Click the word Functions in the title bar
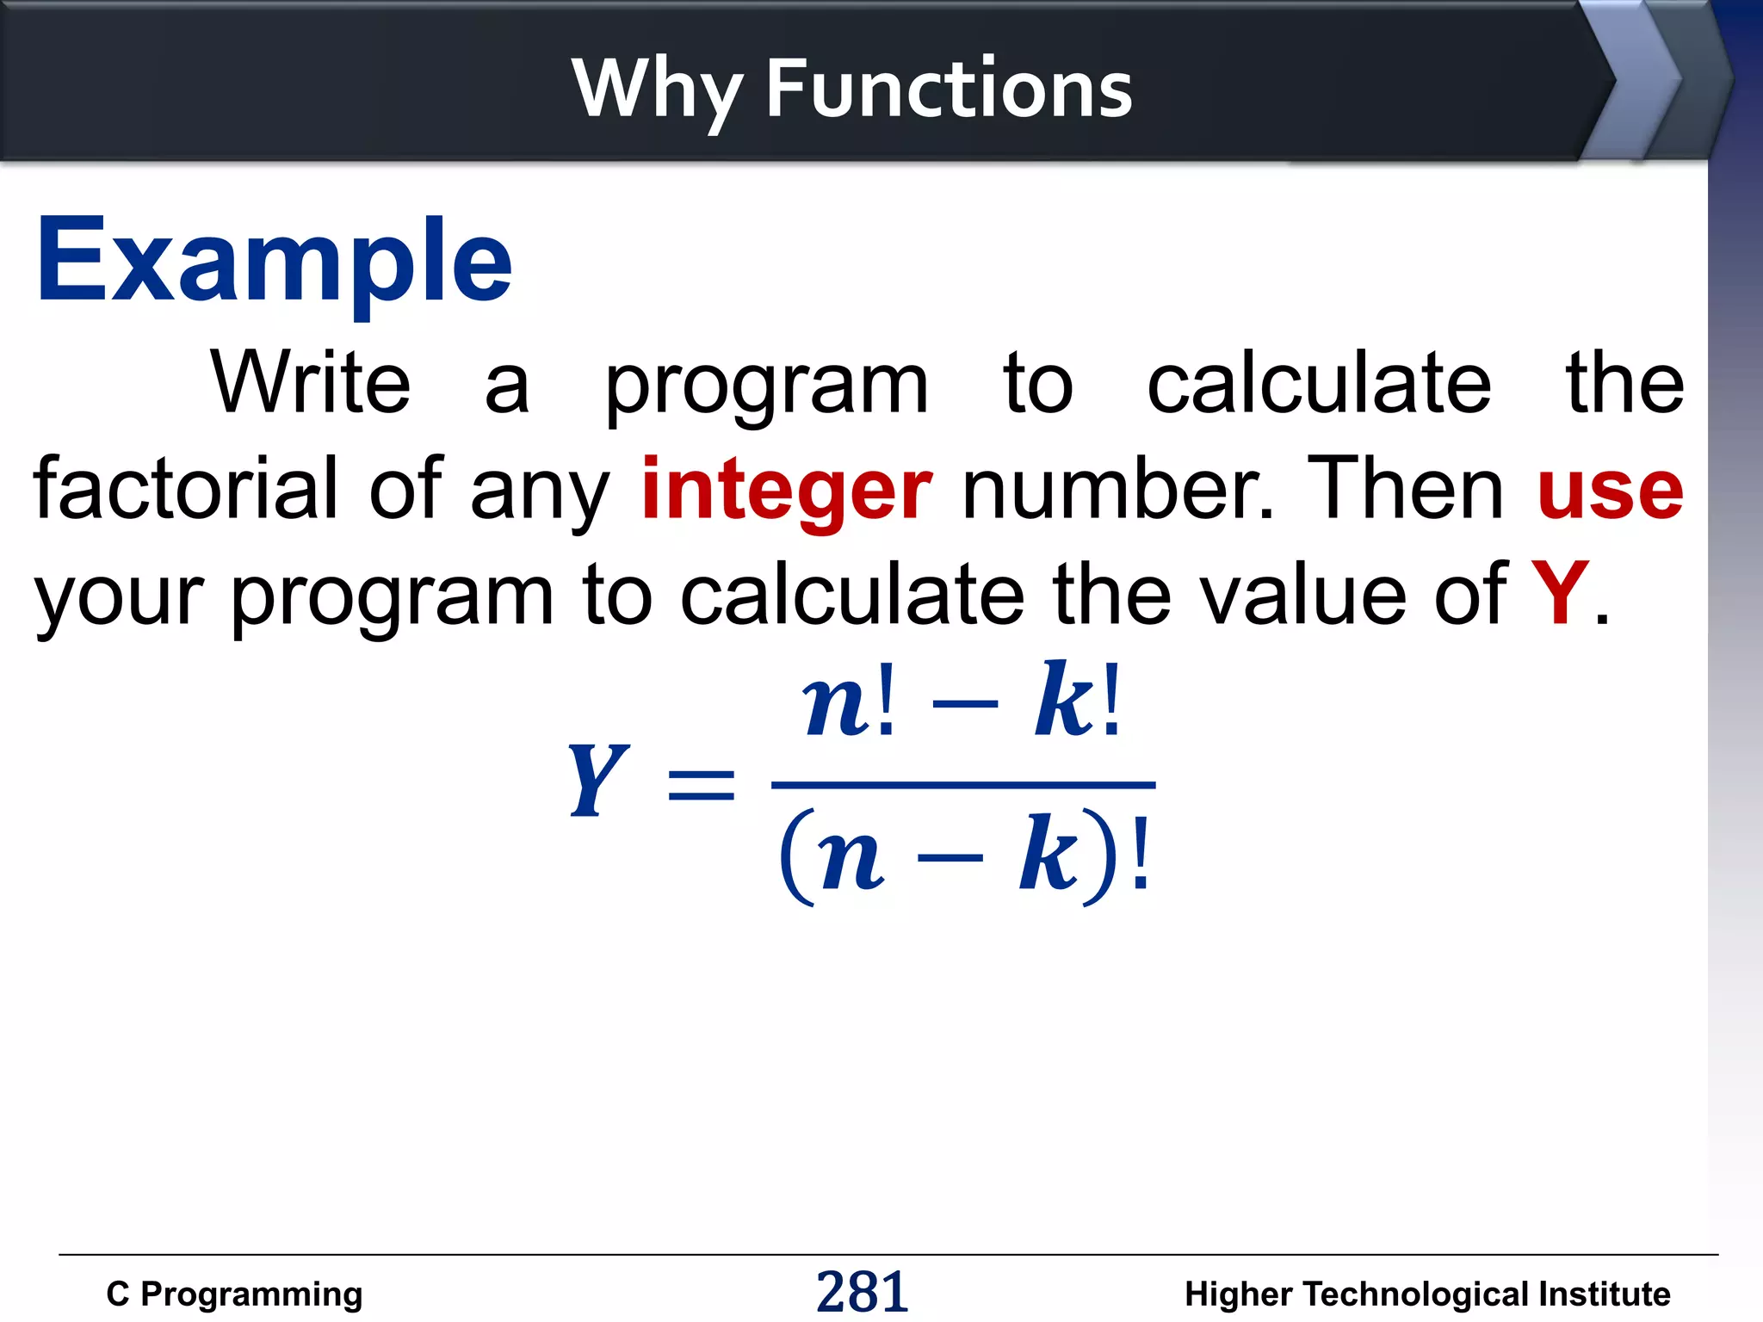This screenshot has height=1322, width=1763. (x=949, y=89)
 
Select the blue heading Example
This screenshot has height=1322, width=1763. (x=274, y=261)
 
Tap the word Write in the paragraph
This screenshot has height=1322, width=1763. (x=311, y=383)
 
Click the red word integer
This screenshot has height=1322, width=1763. (x=787, y=490)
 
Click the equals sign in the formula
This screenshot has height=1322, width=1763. (x=702, y=784)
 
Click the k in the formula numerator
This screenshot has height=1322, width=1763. (x=1065, y=701)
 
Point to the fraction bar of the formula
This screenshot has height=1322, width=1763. (x=962, y=785)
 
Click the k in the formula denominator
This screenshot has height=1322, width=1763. (x=1049, y=856)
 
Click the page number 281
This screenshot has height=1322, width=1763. (x=862, y=1292)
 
